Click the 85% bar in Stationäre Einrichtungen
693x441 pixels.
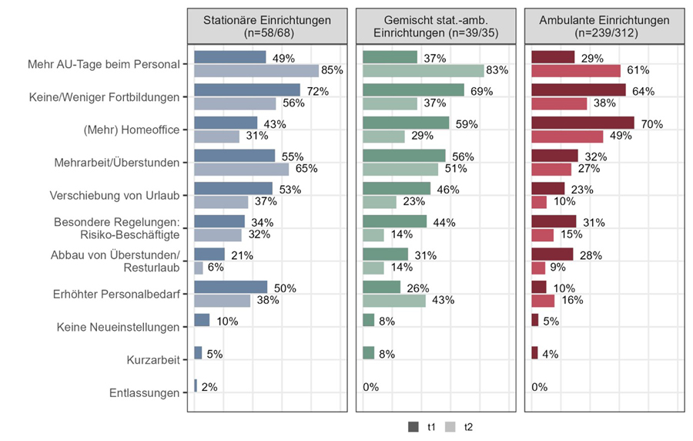pyautogui.click(x=256, y=71)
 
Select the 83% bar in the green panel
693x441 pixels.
pyautogui.click(x=423, y=71)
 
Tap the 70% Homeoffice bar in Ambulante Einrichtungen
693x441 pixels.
pyautogui.click(x=583, y=123)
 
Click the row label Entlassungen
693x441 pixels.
pyautogui.click(x=145, y=393)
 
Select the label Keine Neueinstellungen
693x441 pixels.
pyautogui.click(x=119, y=327)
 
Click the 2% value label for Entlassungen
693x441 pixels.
pyautogui.click(x=209, y=386)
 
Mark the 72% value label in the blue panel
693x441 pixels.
pyautogui.click(x=317, y=91)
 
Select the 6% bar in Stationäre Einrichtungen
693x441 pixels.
pyautogui.click(x=199, y=268)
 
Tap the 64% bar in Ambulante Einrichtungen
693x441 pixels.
pyautogui.click(x=578, y=90)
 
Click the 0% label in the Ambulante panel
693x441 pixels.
pyautogui.click(x=539, y=386)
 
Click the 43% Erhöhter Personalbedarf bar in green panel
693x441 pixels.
pyautogui.click(x=393, y=301)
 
